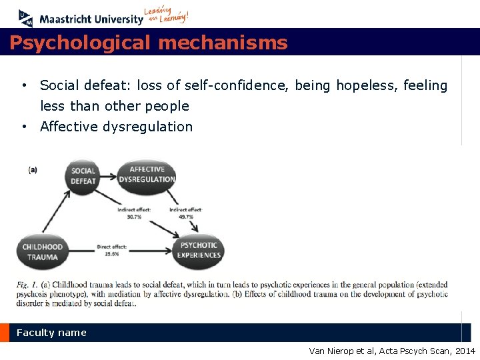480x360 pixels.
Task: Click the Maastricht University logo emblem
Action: click(25, 18)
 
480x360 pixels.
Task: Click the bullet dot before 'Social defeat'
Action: click(23, 85)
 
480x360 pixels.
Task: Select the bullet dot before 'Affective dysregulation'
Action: click(23, 127)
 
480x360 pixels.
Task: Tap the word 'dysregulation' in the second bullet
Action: click(149, 127)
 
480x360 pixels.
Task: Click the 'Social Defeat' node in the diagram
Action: click(83, 176)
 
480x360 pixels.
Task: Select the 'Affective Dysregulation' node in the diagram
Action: click(147, 175)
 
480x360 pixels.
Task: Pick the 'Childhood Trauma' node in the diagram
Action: click(43, 252)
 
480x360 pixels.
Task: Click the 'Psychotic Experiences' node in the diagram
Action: click(198, 251)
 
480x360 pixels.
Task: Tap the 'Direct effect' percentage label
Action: click(112, 251)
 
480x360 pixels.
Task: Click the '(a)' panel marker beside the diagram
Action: click(33, 169)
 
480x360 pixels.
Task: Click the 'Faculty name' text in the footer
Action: click(51, 333)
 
